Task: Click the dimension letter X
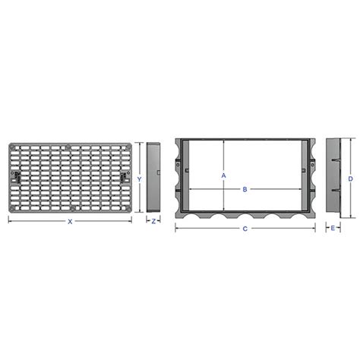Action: tap(69, 222)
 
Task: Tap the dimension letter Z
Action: tap(153, 222)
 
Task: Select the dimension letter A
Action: tap(223, 175)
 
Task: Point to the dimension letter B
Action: tap(245, 190)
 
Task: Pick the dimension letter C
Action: tap(245, 228)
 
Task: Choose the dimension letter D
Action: tap(350, 178)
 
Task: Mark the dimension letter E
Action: tap(333, 228)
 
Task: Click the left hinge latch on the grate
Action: tap(15, 176)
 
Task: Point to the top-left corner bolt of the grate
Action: tap(13, 146)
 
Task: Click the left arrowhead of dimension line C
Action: tap(176, 228)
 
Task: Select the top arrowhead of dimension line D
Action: tap(351, 140)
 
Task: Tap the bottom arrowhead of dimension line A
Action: tap(223, 210)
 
